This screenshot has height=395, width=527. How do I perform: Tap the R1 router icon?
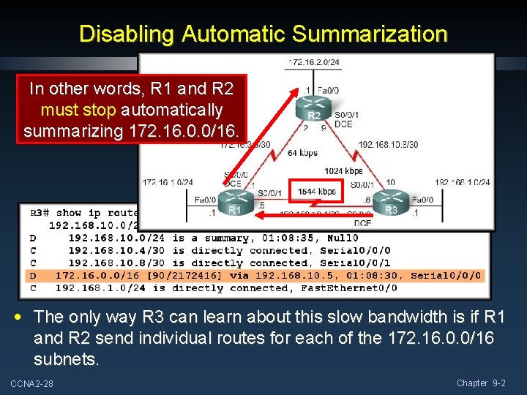click(x=234, y=202)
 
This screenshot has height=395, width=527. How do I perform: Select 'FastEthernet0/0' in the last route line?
click(x=348, y=288)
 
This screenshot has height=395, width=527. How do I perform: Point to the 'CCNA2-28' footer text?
click(x=32, y=384)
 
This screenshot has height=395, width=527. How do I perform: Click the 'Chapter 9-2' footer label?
click(x=480, y=383)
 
